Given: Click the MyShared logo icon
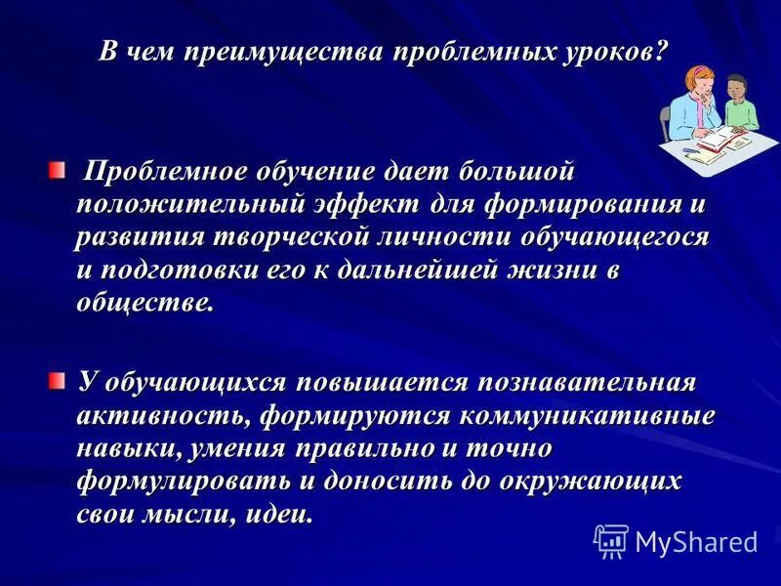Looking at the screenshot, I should click(x=611, y=540).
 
